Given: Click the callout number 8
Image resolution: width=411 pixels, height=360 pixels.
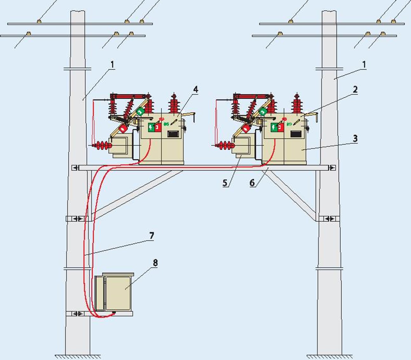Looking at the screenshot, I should coord(155,263).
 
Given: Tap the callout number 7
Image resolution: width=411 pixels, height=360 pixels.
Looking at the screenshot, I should coord(152,236).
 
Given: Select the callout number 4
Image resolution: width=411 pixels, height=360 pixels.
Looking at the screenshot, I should coord(196,90).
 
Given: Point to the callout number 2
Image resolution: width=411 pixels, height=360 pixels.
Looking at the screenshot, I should coord(355,90).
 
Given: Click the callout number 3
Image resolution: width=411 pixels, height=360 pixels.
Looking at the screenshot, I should coord(355,138).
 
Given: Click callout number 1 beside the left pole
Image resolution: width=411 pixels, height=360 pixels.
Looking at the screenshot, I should coord(112,64).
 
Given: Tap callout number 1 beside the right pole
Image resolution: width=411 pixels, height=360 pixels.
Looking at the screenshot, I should coord(364,64).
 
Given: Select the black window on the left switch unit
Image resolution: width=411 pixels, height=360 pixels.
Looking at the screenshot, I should coord(173,134).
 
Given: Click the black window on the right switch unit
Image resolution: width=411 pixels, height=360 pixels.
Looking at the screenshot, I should coord(296,134).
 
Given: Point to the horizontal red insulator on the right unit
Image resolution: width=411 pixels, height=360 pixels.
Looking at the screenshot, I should coord(224,146).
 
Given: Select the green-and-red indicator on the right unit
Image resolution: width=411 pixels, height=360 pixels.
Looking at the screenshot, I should coord(277,127).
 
